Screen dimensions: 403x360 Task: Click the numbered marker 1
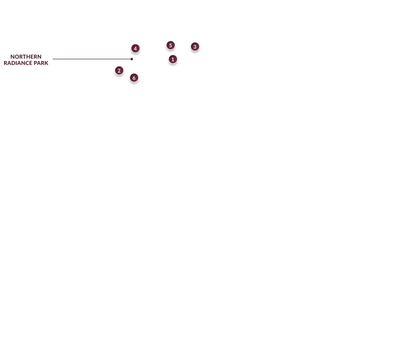tap(173, 59)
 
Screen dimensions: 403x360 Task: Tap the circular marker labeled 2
tap(119, 70)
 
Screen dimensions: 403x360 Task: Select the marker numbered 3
tap(195, 47)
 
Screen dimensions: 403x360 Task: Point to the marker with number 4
tap(136, 48)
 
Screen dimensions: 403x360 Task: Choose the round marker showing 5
tap(170, 45)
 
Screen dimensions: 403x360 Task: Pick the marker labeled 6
tap(134, 78)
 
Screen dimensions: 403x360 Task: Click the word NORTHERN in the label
tap(26, 57)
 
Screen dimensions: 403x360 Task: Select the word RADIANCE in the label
tap(18, 63)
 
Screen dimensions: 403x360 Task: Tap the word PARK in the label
tap(41, 63)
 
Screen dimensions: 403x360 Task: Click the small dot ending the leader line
tap(132, 59)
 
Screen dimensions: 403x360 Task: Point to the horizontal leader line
tap(92, 59)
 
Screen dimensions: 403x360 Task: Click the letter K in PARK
tap(46, 63)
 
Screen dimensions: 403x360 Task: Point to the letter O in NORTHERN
tap(17, 57)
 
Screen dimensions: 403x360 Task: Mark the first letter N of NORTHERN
tap(12, 57)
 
